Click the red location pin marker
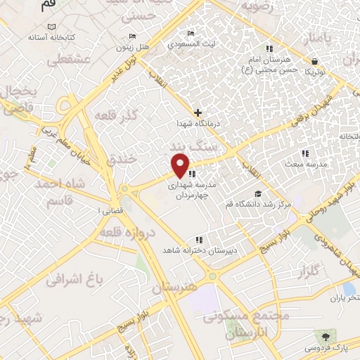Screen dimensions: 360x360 181,166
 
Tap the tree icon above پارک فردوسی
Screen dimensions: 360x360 323,335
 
